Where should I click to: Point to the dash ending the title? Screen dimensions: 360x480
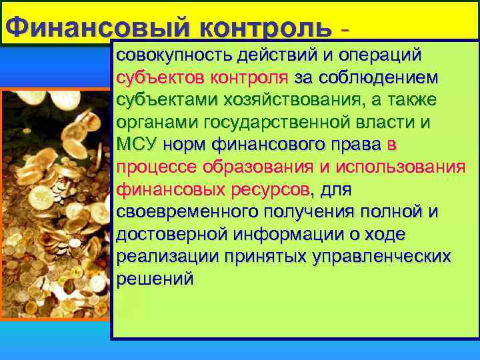coord(344,30)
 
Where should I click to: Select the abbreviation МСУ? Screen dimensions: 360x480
coord(136,145)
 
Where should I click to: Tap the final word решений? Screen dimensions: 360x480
coord(155,280)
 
